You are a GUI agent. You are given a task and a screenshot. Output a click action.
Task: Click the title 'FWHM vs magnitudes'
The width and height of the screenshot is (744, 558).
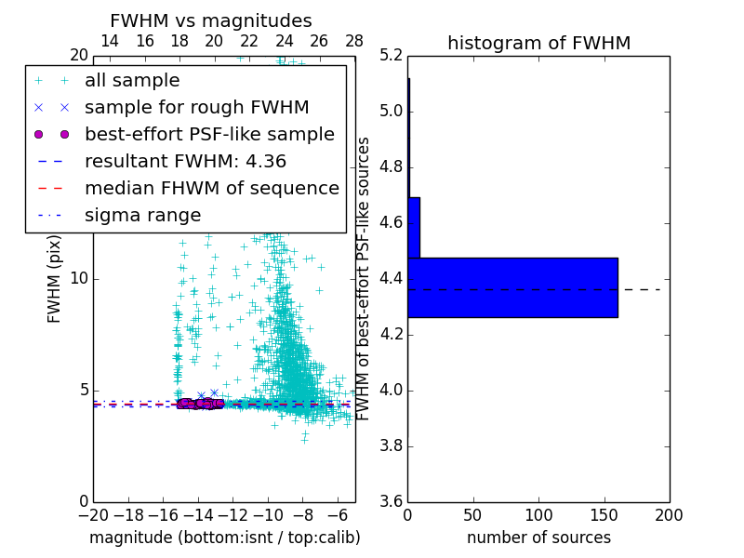pyautogui.click(x=210, y=20)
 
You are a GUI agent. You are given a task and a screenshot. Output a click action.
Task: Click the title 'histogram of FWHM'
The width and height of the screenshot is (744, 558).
pyautogui.click(x=538, y=43)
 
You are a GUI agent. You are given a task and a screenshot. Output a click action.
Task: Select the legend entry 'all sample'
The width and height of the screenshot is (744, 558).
pyautogui.click(x=132, y=81)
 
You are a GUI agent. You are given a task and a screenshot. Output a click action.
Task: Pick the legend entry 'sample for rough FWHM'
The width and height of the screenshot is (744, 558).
pyautogui.click(x=196, y=108)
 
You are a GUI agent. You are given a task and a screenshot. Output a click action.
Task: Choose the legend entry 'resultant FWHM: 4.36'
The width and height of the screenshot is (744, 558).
pyautogui.click(x=185, y=161)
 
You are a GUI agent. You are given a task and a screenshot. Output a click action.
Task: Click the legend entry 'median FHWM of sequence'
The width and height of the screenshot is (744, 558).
pyautogui.click(x=211, y=188)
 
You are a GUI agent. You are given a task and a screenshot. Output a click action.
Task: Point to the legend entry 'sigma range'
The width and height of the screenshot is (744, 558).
pyautogui.click(x=142, y=215)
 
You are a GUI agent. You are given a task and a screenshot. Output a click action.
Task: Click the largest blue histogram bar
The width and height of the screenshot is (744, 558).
pyautogui.click(x=512, y=287)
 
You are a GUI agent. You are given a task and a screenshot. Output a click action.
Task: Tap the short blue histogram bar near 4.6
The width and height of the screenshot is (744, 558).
pyautogui.click(x=414, y=227)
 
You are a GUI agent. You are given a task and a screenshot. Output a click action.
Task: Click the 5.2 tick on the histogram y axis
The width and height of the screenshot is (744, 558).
pyautogui.click(x=391, y=56)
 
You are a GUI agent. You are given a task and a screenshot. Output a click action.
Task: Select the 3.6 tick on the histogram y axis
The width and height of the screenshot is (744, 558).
pyautogui.click(x=391, y=501)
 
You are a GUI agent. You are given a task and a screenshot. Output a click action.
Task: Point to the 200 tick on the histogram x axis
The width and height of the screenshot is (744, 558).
pyautogui.click(x=669, y=515)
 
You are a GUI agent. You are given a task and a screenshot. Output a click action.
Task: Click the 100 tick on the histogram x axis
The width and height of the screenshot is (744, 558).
pyautogui.click(x=538, y=515)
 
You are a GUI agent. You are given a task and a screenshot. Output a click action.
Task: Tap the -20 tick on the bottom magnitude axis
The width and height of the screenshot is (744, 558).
pyautogui.click(x=93, y=515)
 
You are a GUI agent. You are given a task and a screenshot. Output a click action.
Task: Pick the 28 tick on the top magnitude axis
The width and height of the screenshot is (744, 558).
pyautogui.click(x=354, y=41)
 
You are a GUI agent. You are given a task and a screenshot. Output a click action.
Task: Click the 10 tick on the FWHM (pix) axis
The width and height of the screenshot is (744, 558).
pyautogui.click(x=79, y=279)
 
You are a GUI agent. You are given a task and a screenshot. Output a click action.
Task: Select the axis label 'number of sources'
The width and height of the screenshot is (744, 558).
pyautogui.click(x=538, y=538)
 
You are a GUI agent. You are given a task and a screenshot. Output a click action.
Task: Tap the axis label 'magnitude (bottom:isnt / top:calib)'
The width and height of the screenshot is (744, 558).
pyautogui.click(x=224, y=538)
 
